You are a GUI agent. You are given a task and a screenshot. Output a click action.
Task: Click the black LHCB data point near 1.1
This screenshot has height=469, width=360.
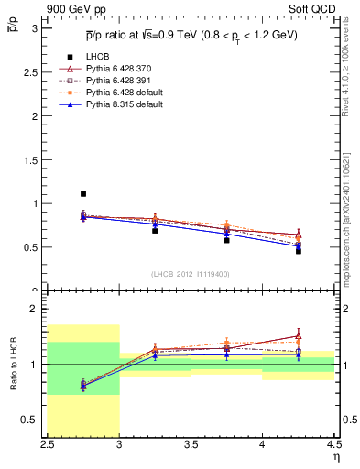tap(83, 194)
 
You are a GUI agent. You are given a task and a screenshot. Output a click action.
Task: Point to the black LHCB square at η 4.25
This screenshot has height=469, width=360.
tap(298, 250)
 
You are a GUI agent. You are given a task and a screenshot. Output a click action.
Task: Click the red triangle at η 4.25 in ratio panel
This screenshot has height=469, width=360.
tap(298, 335)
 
